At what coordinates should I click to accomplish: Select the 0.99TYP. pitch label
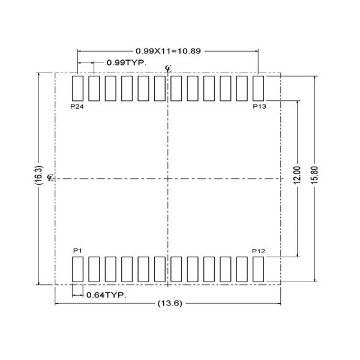click(127, 62)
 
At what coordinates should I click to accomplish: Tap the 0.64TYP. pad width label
click(106, 295)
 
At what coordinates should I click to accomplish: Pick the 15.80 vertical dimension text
click(315, 178)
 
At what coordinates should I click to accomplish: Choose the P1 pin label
click(76, 250)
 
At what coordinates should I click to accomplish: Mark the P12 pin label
click(259, 250)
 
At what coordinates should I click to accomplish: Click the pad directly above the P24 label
click(77, 88)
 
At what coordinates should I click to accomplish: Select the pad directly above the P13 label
click(259, 88)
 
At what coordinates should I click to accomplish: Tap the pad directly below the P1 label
click(77, 269)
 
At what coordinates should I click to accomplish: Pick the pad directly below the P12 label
click(259, 269)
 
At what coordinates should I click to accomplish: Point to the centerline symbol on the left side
click(50, 178)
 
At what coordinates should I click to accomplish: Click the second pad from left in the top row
click(94, 88)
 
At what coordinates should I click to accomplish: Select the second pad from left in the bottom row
click(94, 269)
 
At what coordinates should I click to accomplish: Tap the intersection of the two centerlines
click(168, 178)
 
